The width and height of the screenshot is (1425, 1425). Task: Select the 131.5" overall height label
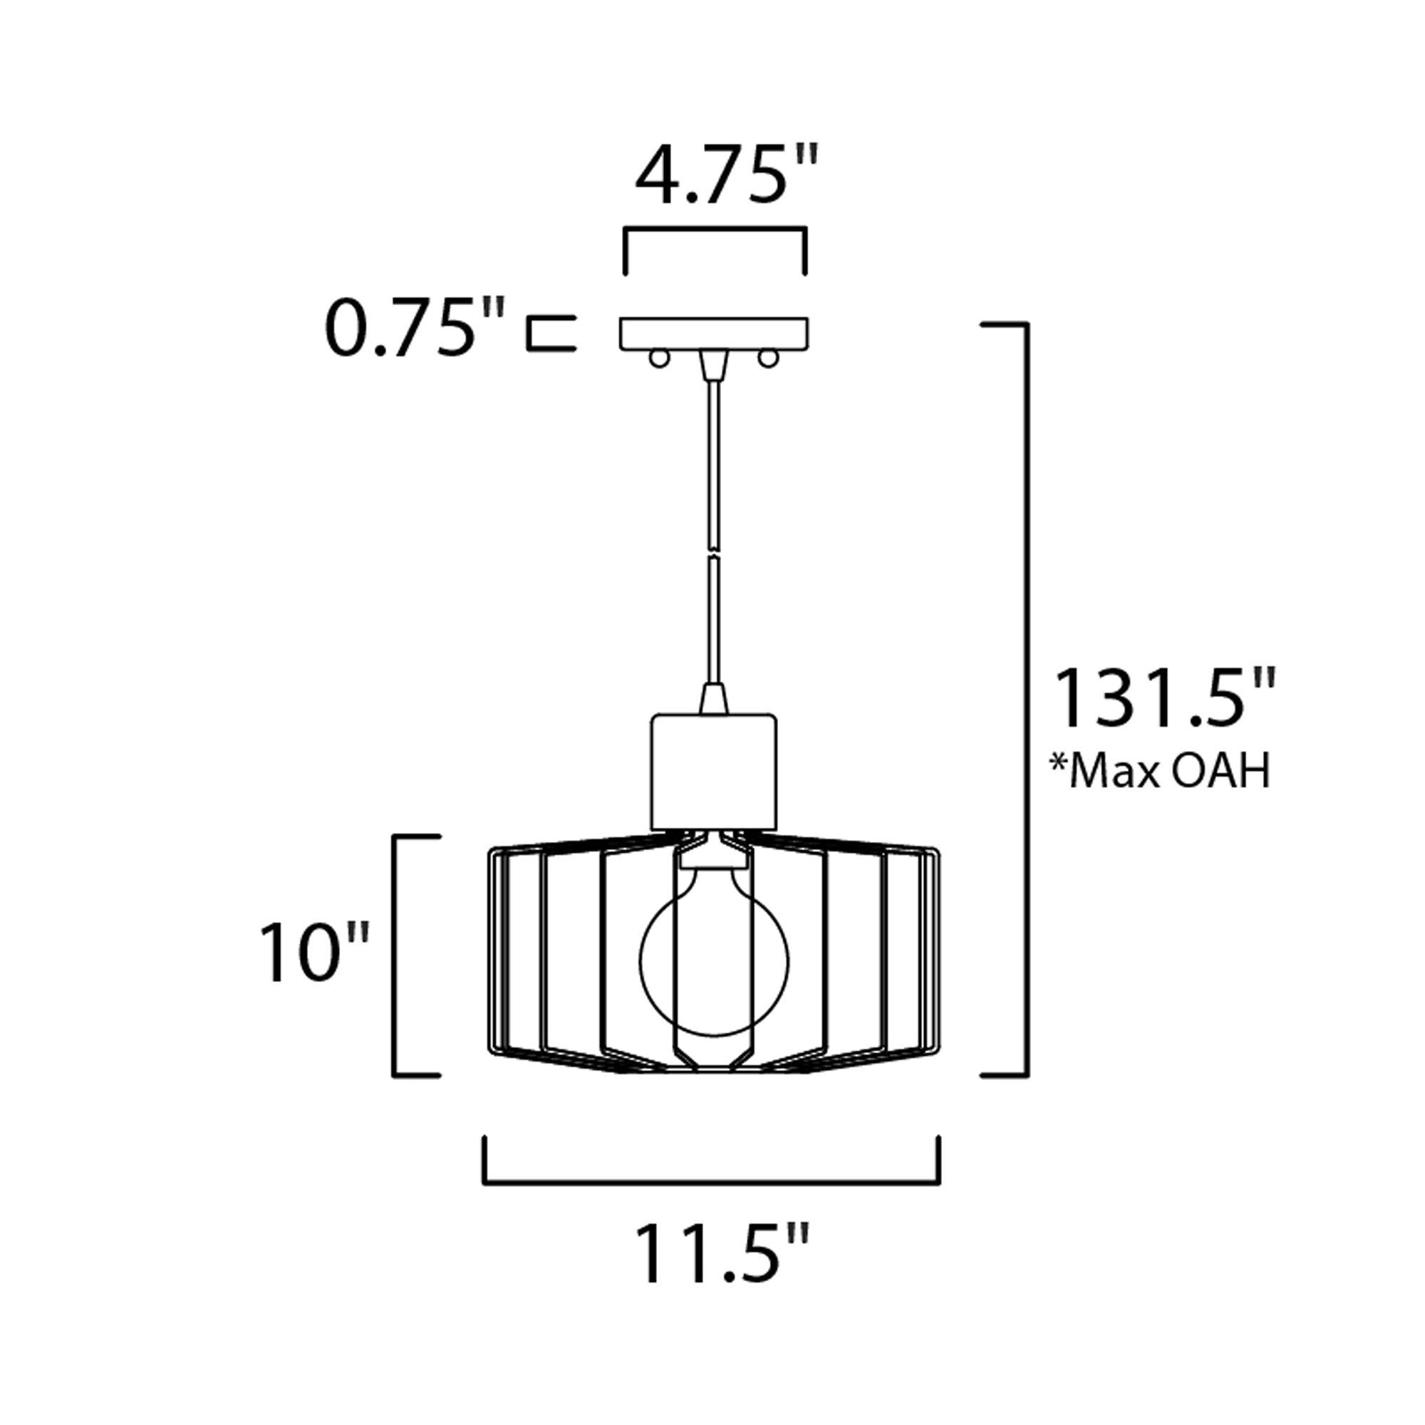1166,698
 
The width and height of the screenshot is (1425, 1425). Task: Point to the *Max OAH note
1160,770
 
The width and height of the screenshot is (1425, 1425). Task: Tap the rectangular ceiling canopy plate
713,333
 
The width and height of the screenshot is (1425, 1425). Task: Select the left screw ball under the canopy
658,358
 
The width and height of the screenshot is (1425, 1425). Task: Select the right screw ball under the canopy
769,358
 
